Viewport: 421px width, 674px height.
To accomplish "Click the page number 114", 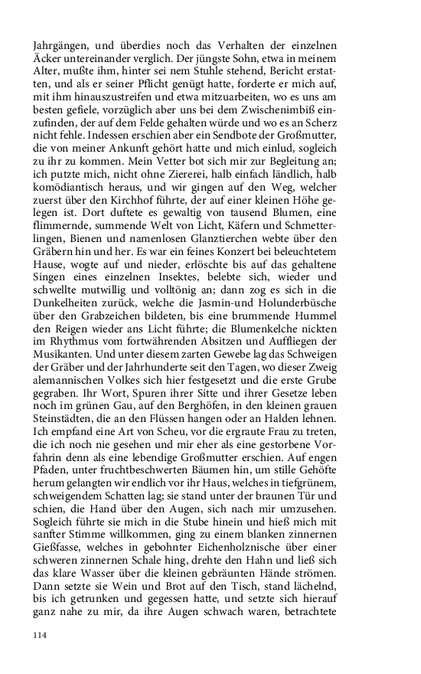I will tap(40, 635).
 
